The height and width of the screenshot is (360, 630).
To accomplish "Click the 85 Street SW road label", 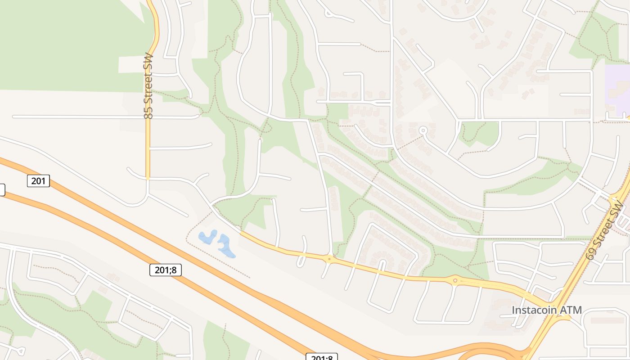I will point(148,86).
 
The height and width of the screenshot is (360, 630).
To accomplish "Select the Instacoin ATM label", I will point(547,310).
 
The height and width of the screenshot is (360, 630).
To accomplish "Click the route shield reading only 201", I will point(39,181).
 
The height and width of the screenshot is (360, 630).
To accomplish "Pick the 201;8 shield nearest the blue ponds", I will point(165,270).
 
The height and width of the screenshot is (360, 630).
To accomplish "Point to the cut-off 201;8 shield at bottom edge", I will point(322,357).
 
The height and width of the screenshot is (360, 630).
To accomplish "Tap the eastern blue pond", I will point(226,246).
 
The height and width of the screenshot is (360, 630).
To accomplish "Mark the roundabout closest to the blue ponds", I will point(330,258).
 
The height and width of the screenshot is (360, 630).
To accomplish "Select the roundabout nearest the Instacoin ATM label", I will point(455,281).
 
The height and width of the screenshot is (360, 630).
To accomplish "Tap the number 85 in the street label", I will point(148,113).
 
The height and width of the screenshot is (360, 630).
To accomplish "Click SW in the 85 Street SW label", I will point(148,61).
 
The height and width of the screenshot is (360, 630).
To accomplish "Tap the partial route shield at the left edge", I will point(2,190).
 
